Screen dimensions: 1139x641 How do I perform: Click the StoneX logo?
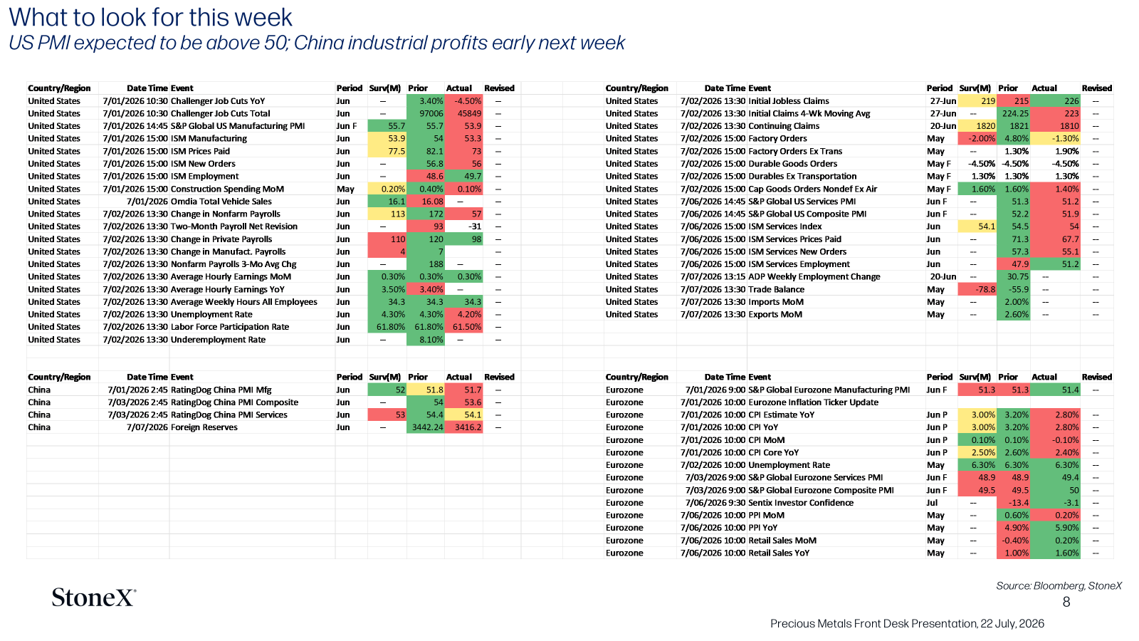click(x=94, y=598)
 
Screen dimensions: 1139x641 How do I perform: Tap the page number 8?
click(x=1066, y=603)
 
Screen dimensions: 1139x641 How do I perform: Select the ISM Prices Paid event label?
click(x=200, y=151)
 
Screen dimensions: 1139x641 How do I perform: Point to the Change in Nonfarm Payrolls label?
click(x=225, y=214)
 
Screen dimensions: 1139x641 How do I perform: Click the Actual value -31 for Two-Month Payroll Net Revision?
click(x=474, y=226)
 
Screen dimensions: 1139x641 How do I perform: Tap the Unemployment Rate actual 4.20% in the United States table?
click(x=469, y=314)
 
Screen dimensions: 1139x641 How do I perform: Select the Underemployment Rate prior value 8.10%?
click(x=431, y=339)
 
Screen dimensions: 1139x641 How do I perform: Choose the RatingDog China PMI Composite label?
click(x=234, y=402)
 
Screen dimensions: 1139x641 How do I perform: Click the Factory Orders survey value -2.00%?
click(x=982, y=138)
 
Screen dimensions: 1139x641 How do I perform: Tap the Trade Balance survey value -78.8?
click(x=985, y=289)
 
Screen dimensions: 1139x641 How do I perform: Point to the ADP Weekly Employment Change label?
click(x=814, y=277)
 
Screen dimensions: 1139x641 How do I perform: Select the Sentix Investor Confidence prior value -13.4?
click(x=1018, y=503)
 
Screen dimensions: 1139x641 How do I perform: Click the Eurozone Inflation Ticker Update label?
click(x=813, y=402)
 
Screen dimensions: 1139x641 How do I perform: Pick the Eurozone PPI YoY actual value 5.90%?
click(x=1067, y=528)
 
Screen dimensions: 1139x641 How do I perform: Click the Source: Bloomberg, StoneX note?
click(x=1059, y=586)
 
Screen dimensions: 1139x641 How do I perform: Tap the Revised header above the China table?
click(x=499, y=377)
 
